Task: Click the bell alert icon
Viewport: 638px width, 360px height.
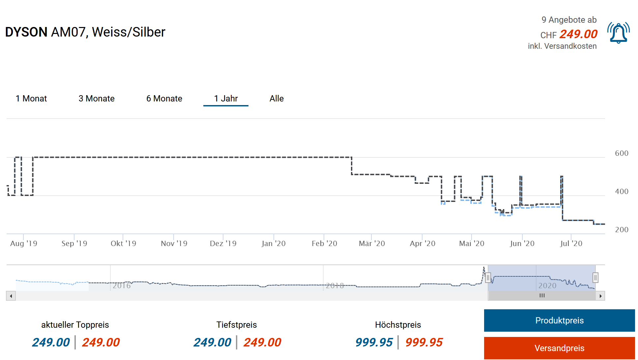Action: click(x=618, y=33)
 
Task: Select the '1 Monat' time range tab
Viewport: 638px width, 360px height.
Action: click(x=31, y=98)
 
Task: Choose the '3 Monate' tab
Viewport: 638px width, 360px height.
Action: click(x=96, y=98)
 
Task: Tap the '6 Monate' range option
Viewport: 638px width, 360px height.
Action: click(x=164, y=98)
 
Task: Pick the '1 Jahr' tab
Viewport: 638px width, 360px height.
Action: click(x=226, y=98)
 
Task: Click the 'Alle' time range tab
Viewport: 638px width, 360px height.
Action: click(x=276, y=98)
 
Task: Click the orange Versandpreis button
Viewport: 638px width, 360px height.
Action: click(x=559, y=348)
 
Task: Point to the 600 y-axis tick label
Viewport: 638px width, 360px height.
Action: click(x=622, y=153)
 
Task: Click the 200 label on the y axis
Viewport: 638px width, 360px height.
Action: click(x=622, y=230)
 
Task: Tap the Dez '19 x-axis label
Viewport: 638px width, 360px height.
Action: click(x=223, y=243)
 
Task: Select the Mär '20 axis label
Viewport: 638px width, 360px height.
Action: click(x=372, y=243)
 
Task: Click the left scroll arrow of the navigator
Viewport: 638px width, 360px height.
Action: click(x=11, y=296)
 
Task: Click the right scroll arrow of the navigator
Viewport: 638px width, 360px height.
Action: click(x=600, y=296)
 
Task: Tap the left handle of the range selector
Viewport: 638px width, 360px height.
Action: click(x=488, y=278)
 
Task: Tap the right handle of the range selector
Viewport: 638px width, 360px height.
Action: click(x=595, y=278)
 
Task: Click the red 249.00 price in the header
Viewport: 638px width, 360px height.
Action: click(x=578, y=34)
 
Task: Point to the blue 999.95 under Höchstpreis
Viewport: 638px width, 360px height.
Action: click(x=374, y=342)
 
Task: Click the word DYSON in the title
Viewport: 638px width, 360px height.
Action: click(x=26, y=32)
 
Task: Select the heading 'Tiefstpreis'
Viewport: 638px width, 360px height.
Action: click(x=236, y=325)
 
